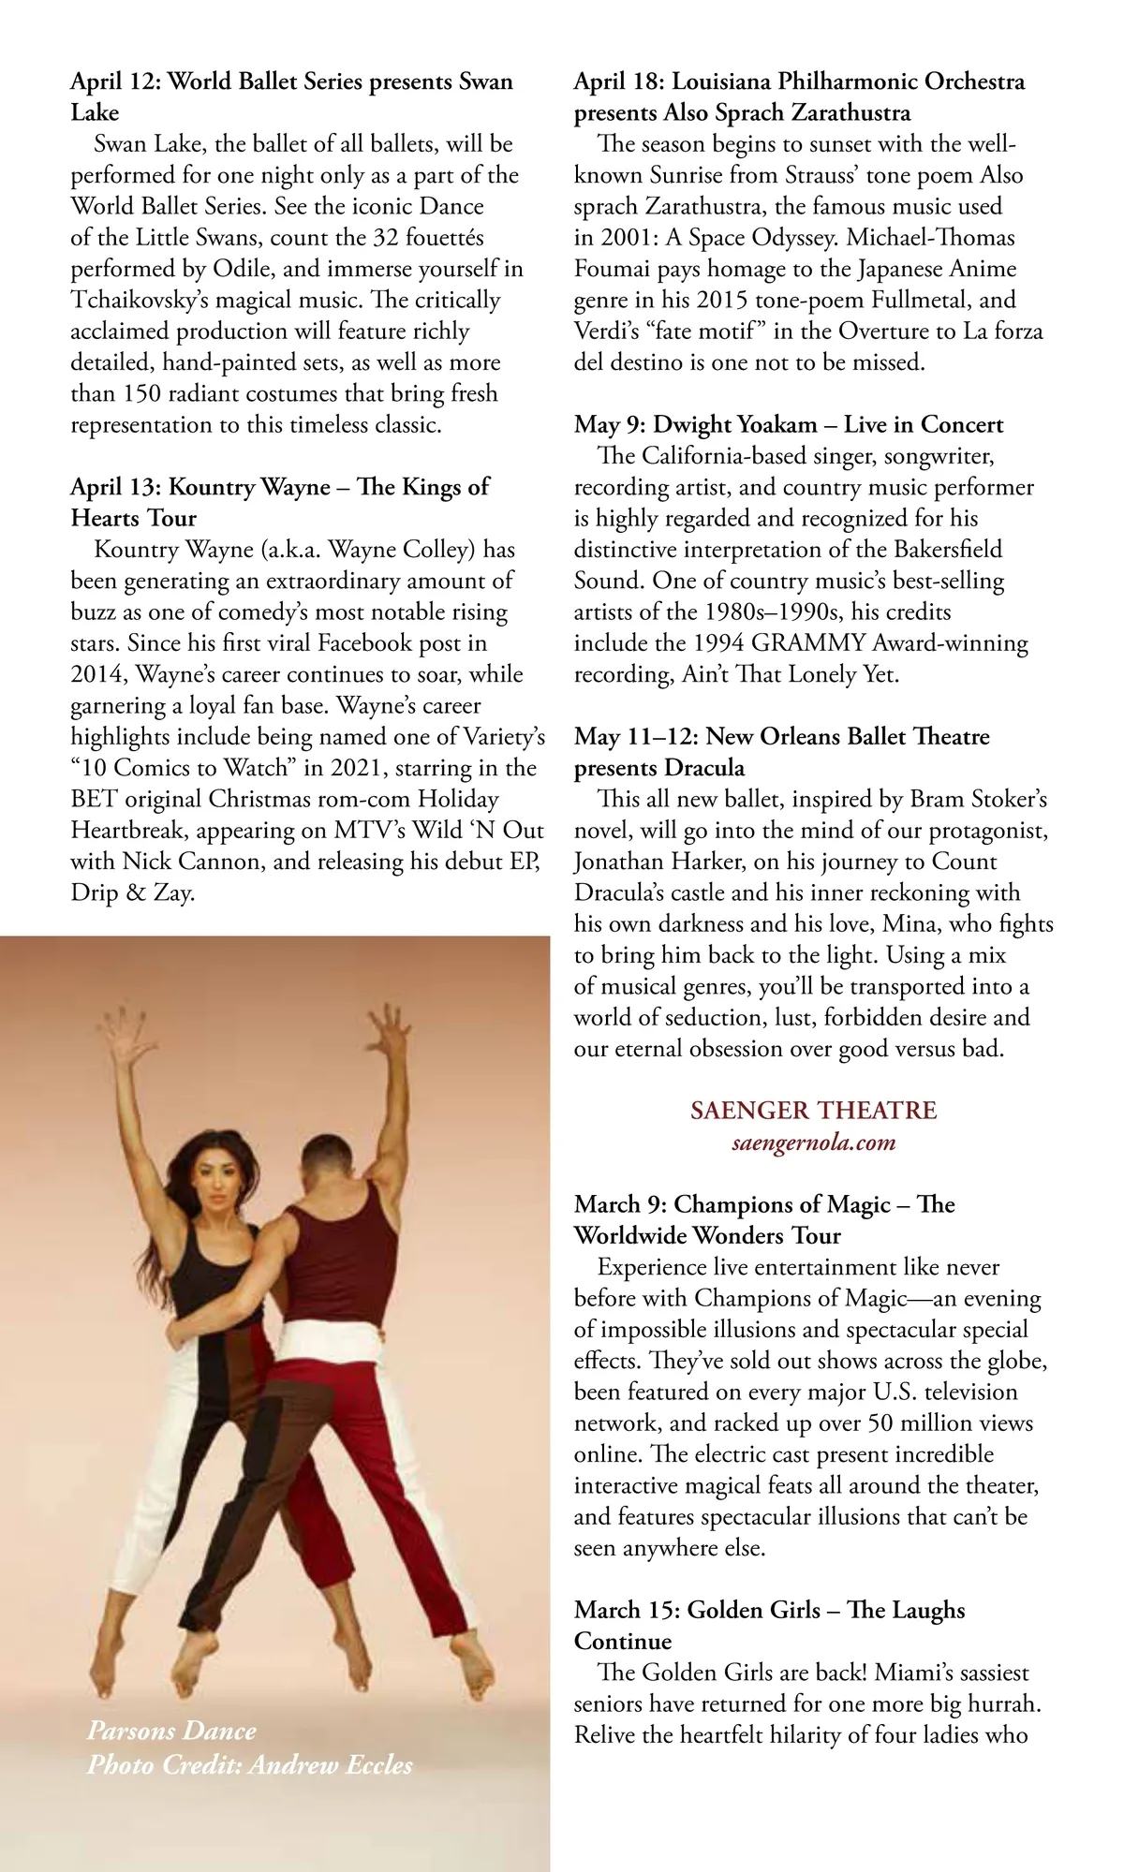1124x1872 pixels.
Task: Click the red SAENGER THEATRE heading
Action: pos(813,1111)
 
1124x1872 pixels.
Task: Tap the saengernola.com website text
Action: pos(813,1142)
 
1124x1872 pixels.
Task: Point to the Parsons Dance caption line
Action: pos(171,1731)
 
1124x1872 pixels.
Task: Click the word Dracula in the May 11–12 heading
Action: pos(704,768)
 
